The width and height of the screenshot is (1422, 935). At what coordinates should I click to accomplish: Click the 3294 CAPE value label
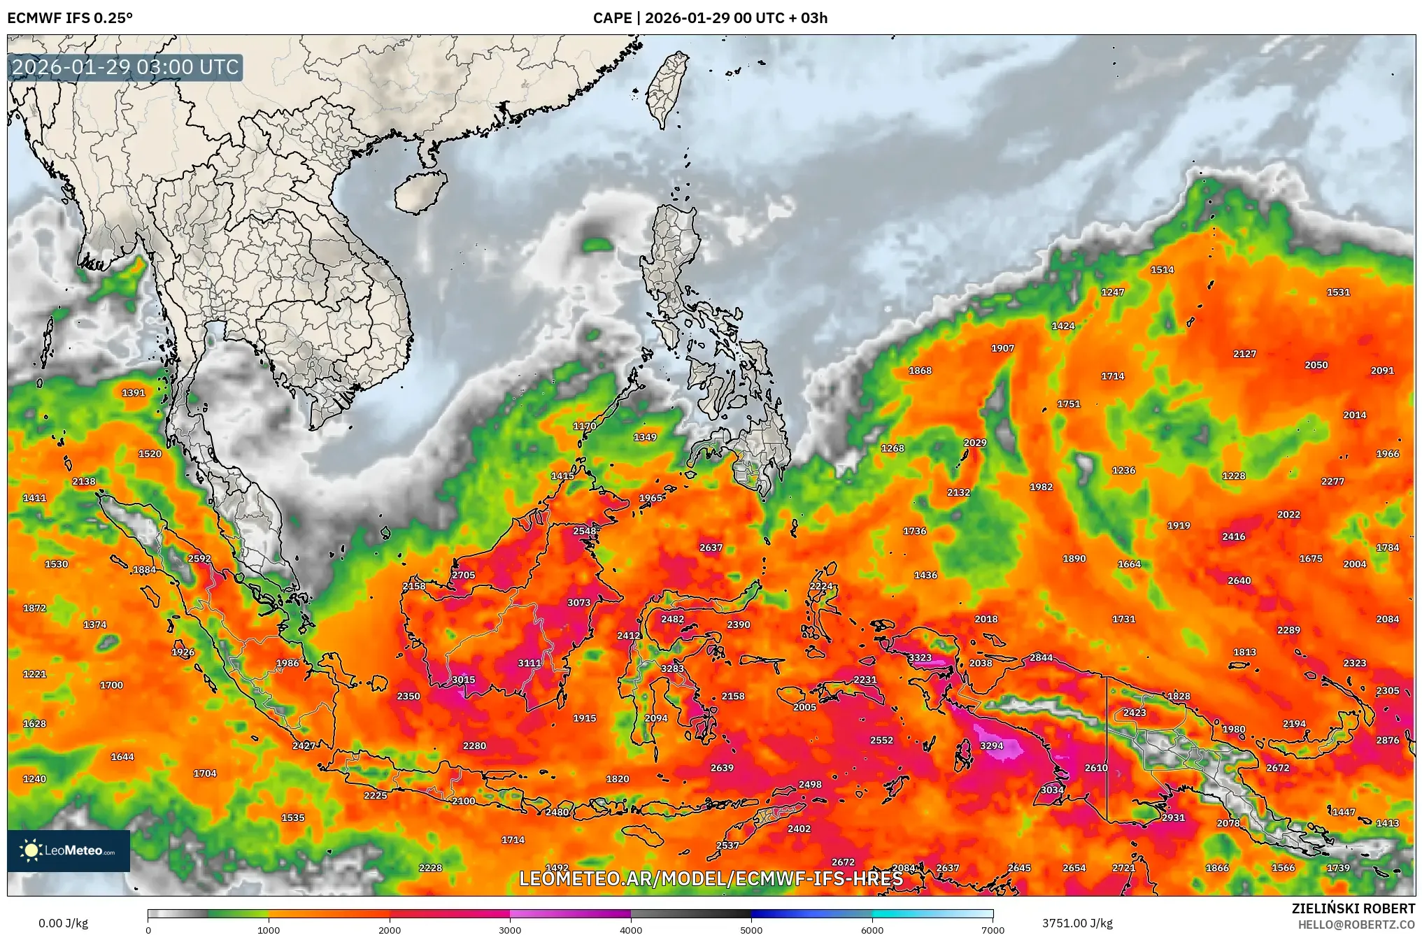991,745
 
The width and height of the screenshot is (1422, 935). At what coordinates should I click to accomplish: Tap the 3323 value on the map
920,657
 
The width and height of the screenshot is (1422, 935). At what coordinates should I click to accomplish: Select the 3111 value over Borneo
529,663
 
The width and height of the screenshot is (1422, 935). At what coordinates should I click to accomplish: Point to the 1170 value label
584,426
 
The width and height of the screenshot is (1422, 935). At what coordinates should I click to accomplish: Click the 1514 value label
1162,269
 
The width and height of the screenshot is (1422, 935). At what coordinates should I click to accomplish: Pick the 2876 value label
1387,740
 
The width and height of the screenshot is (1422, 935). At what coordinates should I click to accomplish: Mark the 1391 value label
133,392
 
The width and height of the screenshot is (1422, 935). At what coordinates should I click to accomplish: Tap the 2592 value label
199,558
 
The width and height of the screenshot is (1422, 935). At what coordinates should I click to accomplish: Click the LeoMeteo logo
69,850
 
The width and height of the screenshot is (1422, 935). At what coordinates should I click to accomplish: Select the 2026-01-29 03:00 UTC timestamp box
126,67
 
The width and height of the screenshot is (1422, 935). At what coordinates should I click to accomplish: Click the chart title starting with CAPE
710,17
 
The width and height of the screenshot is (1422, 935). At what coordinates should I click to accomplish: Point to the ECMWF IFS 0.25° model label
70,17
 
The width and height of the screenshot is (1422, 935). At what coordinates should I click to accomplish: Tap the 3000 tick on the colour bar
510,930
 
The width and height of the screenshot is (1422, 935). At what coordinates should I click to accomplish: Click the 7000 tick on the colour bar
993,930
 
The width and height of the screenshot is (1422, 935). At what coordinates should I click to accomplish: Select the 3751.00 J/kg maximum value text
1077,923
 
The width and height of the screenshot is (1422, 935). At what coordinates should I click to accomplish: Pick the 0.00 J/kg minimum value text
63,923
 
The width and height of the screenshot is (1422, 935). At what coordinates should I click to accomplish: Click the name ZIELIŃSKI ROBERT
1353,908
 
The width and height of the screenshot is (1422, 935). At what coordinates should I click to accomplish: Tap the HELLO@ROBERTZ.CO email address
1356,925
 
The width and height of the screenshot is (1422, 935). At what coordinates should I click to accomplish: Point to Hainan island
420,191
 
